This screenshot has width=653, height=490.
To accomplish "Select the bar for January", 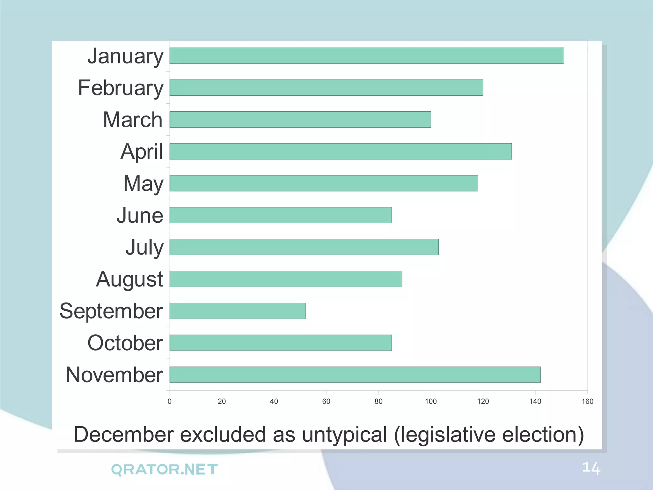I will coord(367,56).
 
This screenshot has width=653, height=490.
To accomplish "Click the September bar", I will coord(238,311).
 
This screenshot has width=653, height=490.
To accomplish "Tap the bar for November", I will coord(355,375).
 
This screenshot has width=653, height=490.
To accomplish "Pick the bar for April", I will coord(341,151).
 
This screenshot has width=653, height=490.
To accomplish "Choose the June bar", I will coord(281,215).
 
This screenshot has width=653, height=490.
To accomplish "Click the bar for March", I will coord(300,120).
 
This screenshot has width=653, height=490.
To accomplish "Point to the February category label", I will coord(121,88).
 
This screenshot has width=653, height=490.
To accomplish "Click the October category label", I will coord(125,343).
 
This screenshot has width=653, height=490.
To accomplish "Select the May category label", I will coord(143,184).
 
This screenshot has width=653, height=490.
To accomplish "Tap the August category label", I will coord(129,279).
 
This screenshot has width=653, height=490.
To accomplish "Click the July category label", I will coord(144,248).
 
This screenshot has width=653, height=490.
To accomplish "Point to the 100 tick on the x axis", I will coord(431,401).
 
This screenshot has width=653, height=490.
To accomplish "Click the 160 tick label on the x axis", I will coord(587,401).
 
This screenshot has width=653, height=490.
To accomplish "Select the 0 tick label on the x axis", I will coord(170,401).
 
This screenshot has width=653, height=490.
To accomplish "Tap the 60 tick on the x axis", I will coord(326,401).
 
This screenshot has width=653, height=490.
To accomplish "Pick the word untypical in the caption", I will coord(344,435).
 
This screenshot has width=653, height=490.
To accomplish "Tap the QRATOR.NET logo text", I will coord(164,470).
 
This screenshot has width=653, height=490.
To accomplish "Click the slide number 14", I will coord(591,468).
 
